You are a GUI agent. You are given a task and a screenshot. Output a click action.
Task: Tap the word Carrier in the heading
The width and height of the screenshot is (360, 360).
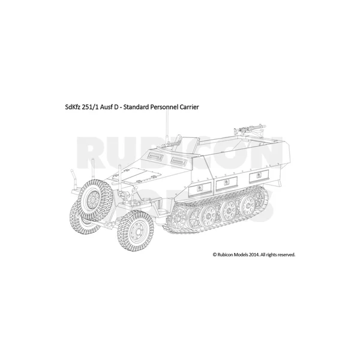coord(190,107)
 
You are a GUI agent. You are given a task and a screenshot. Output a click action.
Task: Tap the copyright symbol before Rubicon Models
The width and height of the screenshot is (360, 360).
coord(215,254)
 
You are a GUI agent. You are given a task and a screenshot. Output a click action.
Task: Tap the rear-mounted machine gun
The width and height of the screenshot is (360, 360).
coord(250,129)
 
